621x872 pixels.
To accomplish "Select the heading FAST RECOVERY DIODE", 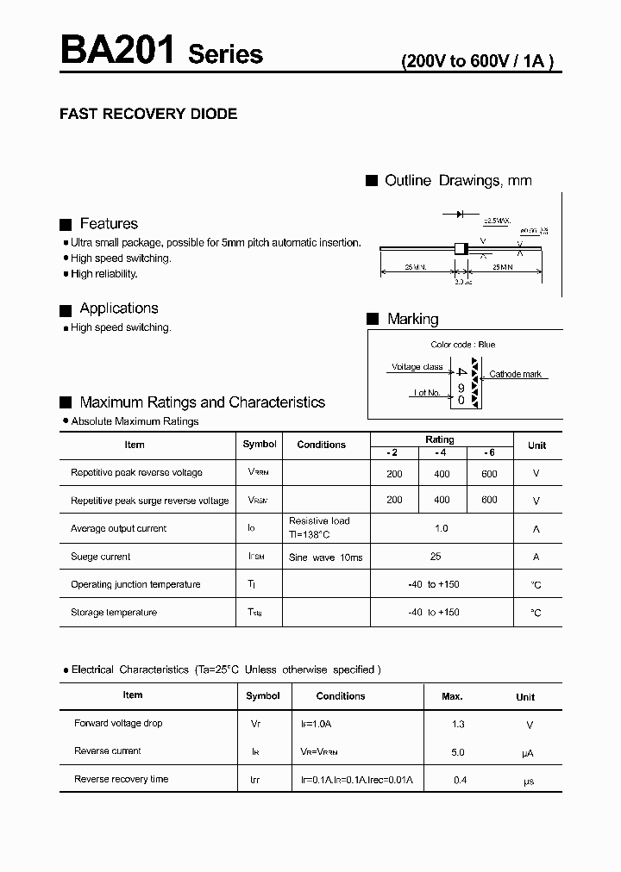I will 147,114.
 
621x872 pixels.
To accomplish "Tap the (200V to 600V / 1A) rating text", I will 477,61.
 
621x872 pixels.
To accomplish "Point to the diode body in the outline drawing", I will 461,249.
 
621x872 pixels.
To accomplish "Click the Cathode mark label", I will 515,375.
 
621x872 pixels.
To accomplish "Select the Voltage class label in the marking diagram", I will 417,367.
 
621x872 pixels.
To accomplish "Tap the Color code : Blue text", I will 463,345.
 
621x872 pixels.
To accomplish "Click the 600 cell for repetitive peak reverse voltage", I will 489,473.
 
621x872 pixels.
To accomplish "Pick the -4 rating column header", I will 441,452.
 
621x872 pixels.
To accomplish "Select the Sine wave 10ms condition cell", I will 325,557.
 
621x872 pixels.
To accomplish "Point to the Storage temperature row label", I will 114,613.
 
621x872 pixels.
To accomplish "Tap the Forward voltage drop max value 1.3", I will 458,725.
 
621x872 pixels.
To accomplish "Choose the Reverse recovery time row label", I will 122,779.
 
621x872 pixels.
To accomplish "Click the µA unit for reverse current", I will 527,753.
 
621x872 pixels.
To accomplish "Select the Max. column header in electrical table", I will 452,696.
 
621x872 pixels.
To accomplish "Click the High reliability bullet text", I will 104,274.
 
